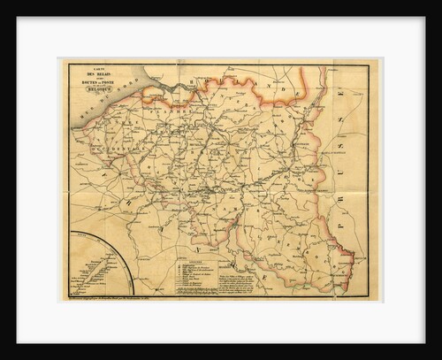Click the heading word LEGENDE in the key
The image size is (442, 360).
pyautogui.click(x=200, y=254)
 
